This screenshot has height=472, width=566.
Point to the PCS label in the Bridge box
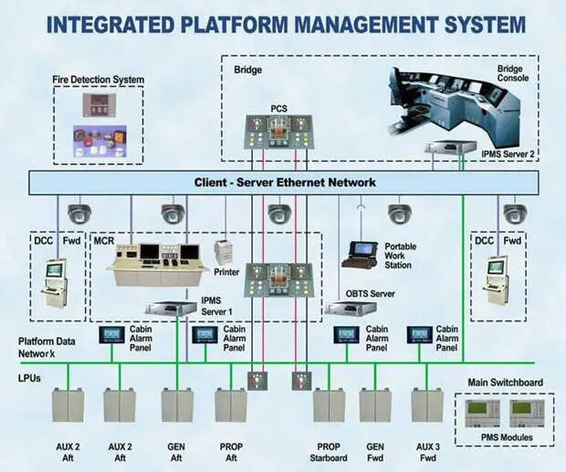[x=279, y=109]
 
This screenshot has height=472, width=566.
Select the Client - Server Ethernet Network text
[x=285, y=183]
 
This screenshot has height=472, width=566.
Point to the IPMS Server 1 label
[x=215, y=304]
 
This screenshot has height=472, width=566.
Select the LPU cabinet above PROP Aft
[x=229, y=405]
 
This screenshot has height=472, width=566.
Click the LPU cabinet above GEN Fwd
[x=374, y=405]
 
